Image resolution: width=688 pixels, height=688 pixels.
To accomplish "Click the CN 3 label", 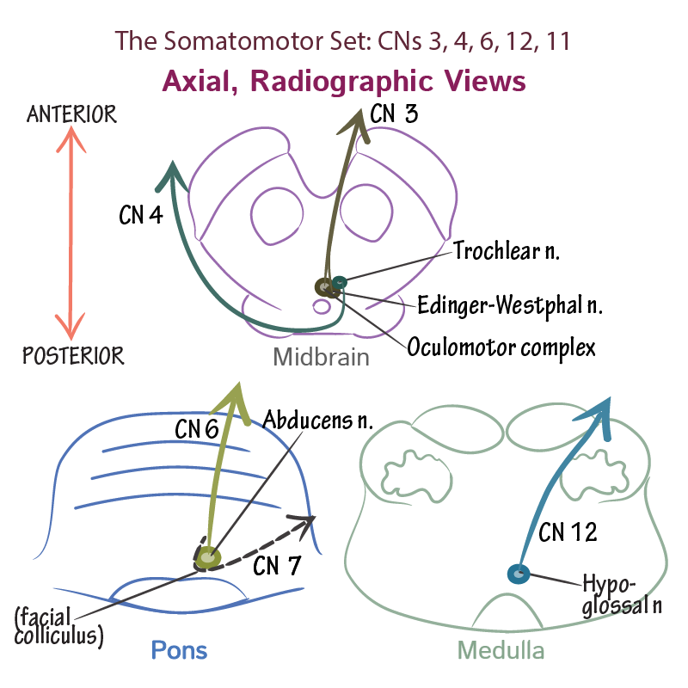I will tap(394, 114).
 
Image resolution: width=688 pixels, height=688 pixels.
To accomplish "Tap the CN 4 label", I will tap(141, 215).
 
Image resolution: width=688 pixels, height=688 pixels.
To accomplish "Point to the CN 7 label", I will tap(277, 567).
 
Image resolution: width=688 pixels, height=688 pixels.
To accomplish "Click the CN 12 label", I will tap(568, 533).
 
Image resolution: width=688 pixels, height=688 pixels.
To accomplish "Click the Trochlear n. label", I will tap(507, 251).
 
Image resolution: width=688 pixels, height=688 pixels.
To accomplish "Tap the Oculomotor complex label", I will tap(501, 347).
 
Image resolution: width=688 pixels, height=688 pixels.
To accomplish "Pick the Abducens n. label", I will tap(317, 421).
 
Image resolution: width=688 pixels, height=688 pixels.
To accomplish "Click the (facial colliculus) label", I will tap(58, 627).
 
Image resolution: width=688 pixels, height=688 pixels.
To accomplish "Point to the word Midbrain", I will tap(322, 357).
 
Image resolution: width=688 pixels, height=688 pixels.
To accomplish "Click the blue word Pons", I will tap(179, 649).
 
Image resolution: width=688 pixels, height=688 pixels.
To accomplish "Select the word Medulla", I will tap(501, 651).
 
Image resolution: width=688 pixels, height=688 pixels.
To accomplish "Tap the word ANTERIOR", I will tap(72, 114).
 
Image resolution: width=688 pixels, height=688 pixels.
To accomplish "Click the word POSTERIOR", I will tap(73, 355).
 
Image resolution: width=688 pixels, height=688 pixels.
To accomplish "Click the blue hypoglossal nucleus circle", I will tap(519, 574).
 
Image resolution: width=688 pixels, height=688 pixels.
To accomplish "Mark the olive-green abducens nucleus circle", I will tap(207, 559).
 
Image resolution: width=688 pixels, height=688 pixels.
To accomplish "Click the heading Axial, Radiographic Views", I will tap(343, 82).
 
